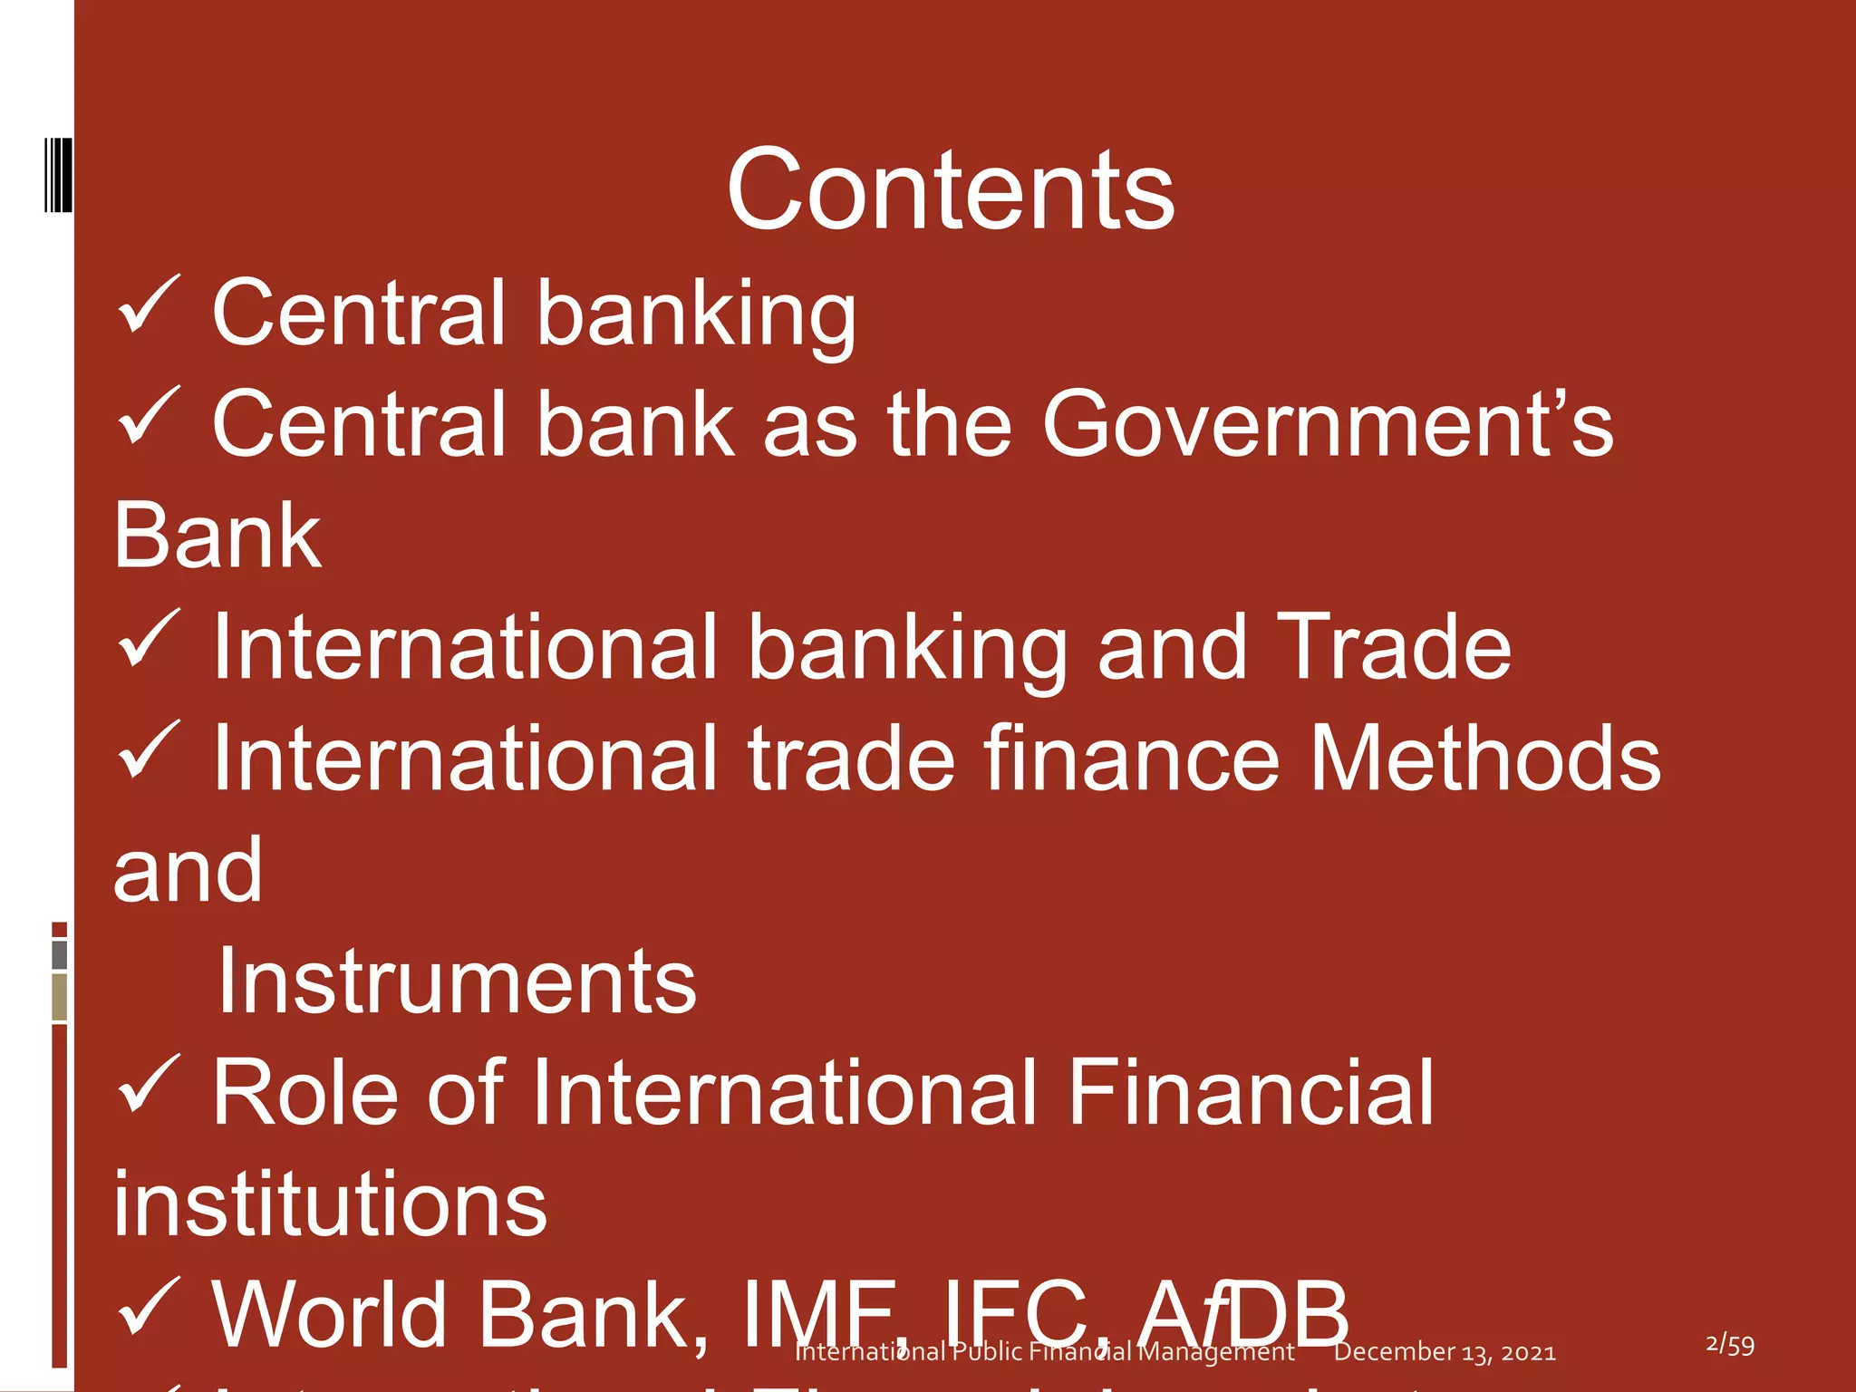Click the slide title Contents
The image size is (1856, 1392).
point(950,190)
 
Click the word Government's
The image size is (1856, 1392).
point(1328,424)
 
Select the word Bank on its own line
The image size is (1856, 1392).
point(217,536)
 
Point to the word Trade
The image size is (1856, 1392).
point(1394,647)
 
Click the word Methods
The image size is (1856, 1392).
point(1484,759)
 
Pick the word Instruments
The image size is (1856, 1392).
point(457,981)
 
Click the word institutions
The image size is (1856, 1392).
point(331,1204)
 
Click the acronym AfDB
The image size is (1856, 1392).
point(1244,1314)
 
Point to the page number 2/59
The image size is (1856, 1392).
point(1729,1345)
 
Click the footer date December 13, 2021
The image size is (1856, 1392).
point(1445,1352)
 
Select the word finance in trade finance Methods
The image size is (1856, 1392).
point(1132,759)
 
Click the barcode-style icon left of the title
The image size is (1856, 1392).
point(58,175)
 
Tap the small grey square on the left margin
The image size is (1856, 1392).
point(60,954)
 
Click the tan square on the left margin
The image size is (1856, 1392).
point(60,997)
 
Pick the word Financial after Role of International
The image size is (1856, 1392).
point(1251,1093)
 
